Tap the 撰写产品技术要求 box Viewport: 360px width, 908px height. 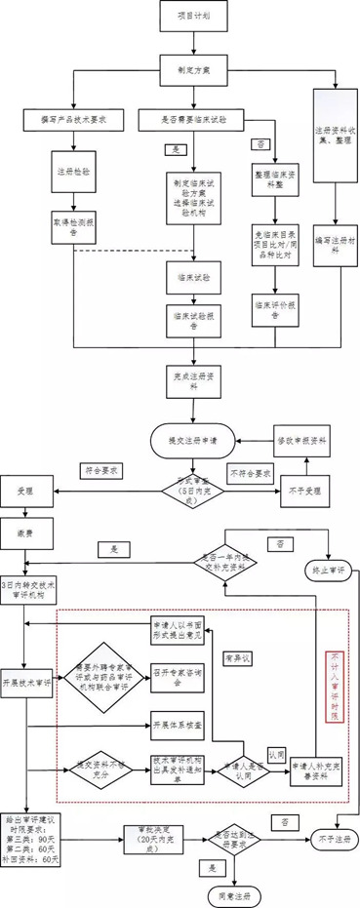(x=72, y=119)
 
